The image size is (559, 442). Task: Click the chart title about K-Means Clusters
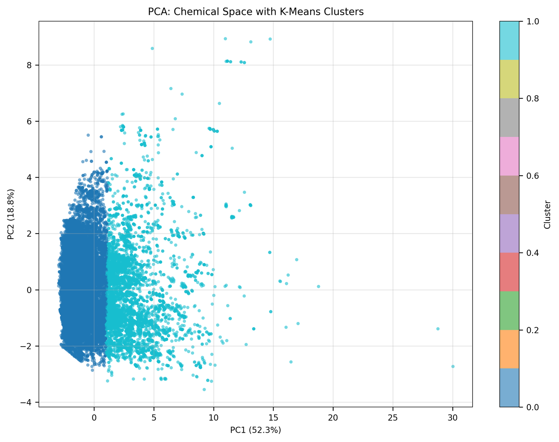coord(255,12)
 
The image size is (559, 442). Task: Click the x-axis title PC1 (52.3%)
coord(255,430)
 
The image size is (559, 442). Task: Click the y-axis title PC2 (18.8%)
coord(11,214)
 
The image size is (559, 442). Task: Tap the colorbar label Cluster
coord(547,214)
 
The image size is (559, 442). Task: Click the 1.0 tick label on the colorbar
coord(529,21)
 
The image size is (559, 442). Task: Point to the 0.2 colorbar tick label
coord(529,330)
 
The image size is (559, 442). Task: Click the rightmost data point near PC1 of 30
coord(453,366)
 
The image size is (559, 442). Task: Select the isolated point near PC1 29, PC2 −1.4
coord(438,329)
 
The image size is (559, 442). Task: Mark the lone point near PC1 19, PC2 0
coord(318,286)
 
